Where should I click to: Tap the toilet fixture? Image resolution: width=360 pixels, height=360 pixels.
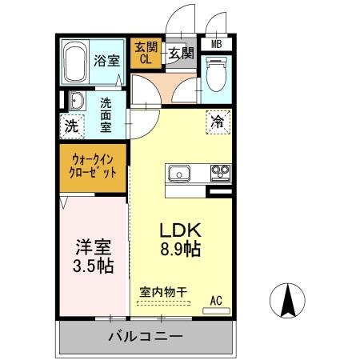click(x=216, y=78)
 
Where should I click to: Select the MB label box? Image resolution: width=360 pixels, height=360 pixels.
click(x=215, y=45)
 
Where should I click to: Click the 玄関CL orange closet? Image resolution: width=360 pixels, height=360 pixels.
click(x=146, y=54)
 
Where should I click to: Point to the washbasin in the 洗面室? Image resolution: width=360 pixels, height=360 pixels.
click(x=78, y=101)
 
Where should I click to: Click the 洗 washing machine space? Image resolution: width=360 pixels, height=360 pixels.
click(x=72, y=126)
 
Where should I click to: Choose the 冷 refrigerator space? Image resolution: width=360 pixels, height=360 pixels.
click(x=217, y=122)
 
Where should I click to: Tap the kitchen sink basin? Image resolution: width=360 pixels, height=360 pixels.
click(x=178, y=172)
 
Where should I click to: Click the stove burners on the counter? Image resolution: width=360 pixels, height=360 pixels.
click(x=219, y=172)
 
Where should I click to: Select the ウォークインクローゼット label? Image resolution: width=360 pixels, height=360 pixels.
click(x=94, y=166)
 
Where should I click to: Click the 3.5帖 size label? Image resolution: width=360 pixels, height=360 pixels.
click(x=90, y=267)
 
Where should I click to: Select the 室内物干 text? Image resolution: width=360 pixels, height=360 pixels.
click(x=162, y=293)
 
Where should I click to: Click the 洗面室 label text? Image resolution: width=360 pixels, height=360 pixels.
click(x=106, y=114)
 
